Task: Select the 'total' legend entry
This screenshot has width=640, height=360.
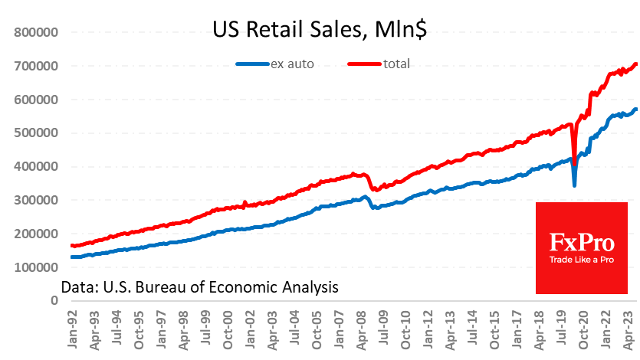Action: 397,64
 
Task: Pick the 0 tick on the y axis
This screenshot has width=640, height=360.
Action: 54,301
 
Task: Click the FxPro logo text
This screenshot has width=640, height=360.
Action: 582,243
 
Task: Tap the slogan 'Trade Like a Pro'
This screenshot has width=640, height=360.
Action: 582,260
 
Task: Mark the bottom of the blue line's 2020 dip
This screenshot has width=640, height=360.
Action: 575,185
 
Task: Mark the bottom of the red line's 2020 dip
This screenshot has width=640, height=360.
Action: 575,154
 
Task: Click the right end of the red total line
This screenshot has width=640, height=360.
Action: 636,64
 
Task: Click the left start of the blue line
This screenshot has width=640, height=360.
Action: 71,257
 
